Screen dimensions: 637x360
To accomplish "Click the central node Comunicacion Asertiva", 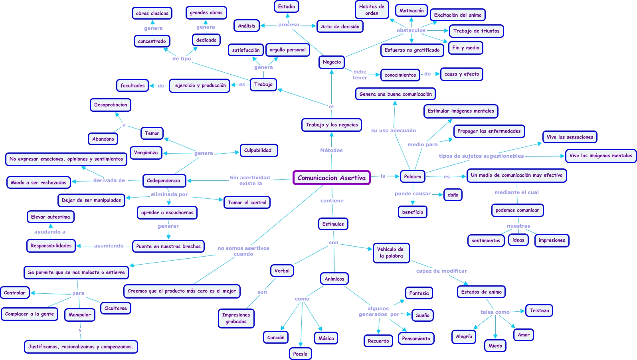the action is [332, 178].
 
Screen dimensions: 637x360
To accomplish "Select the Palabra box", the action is [413, 176].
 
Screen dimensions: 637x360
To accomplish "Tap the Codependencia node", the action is [164, 180].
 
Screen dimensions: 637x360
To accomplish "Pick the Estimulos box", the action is [333, 224].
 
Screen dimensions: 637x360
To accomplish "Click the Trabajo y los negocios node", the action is [332, 125].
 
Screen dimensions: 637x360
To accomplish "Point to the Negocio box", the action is [332, 62].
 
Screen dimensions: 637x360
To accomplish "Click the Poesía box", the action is [300, 354].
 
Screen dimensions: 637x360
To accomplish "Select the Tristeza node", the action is [539, 311].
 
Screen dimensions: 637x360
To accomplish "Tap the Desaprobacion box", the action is [111, 105].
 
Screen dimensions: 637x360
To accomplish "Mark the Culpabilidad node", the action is [258, 150].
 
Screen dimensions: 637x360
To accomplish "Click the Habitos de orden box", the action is [372, 10].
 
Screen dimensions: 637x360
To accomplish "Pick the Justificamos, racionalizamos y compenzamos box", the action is [81, 347].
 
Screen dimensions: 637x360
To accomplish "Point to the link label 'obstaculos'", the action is [411, 30].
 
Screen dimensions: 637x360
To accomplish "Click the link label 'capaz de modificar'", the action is [442, 271].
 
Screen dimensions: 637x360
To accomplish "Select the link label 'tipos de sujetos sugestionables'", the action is [481, 156].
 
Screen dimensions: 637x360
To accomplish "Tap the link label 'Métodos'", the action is [332, 150].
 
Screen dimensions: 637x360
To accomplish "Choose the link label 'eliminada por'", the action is [169, 194].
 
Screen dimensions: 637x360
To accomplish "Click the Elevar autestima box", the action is [50, 217].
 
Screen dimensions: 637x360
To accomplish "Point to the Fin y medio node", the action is [466, 48].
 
